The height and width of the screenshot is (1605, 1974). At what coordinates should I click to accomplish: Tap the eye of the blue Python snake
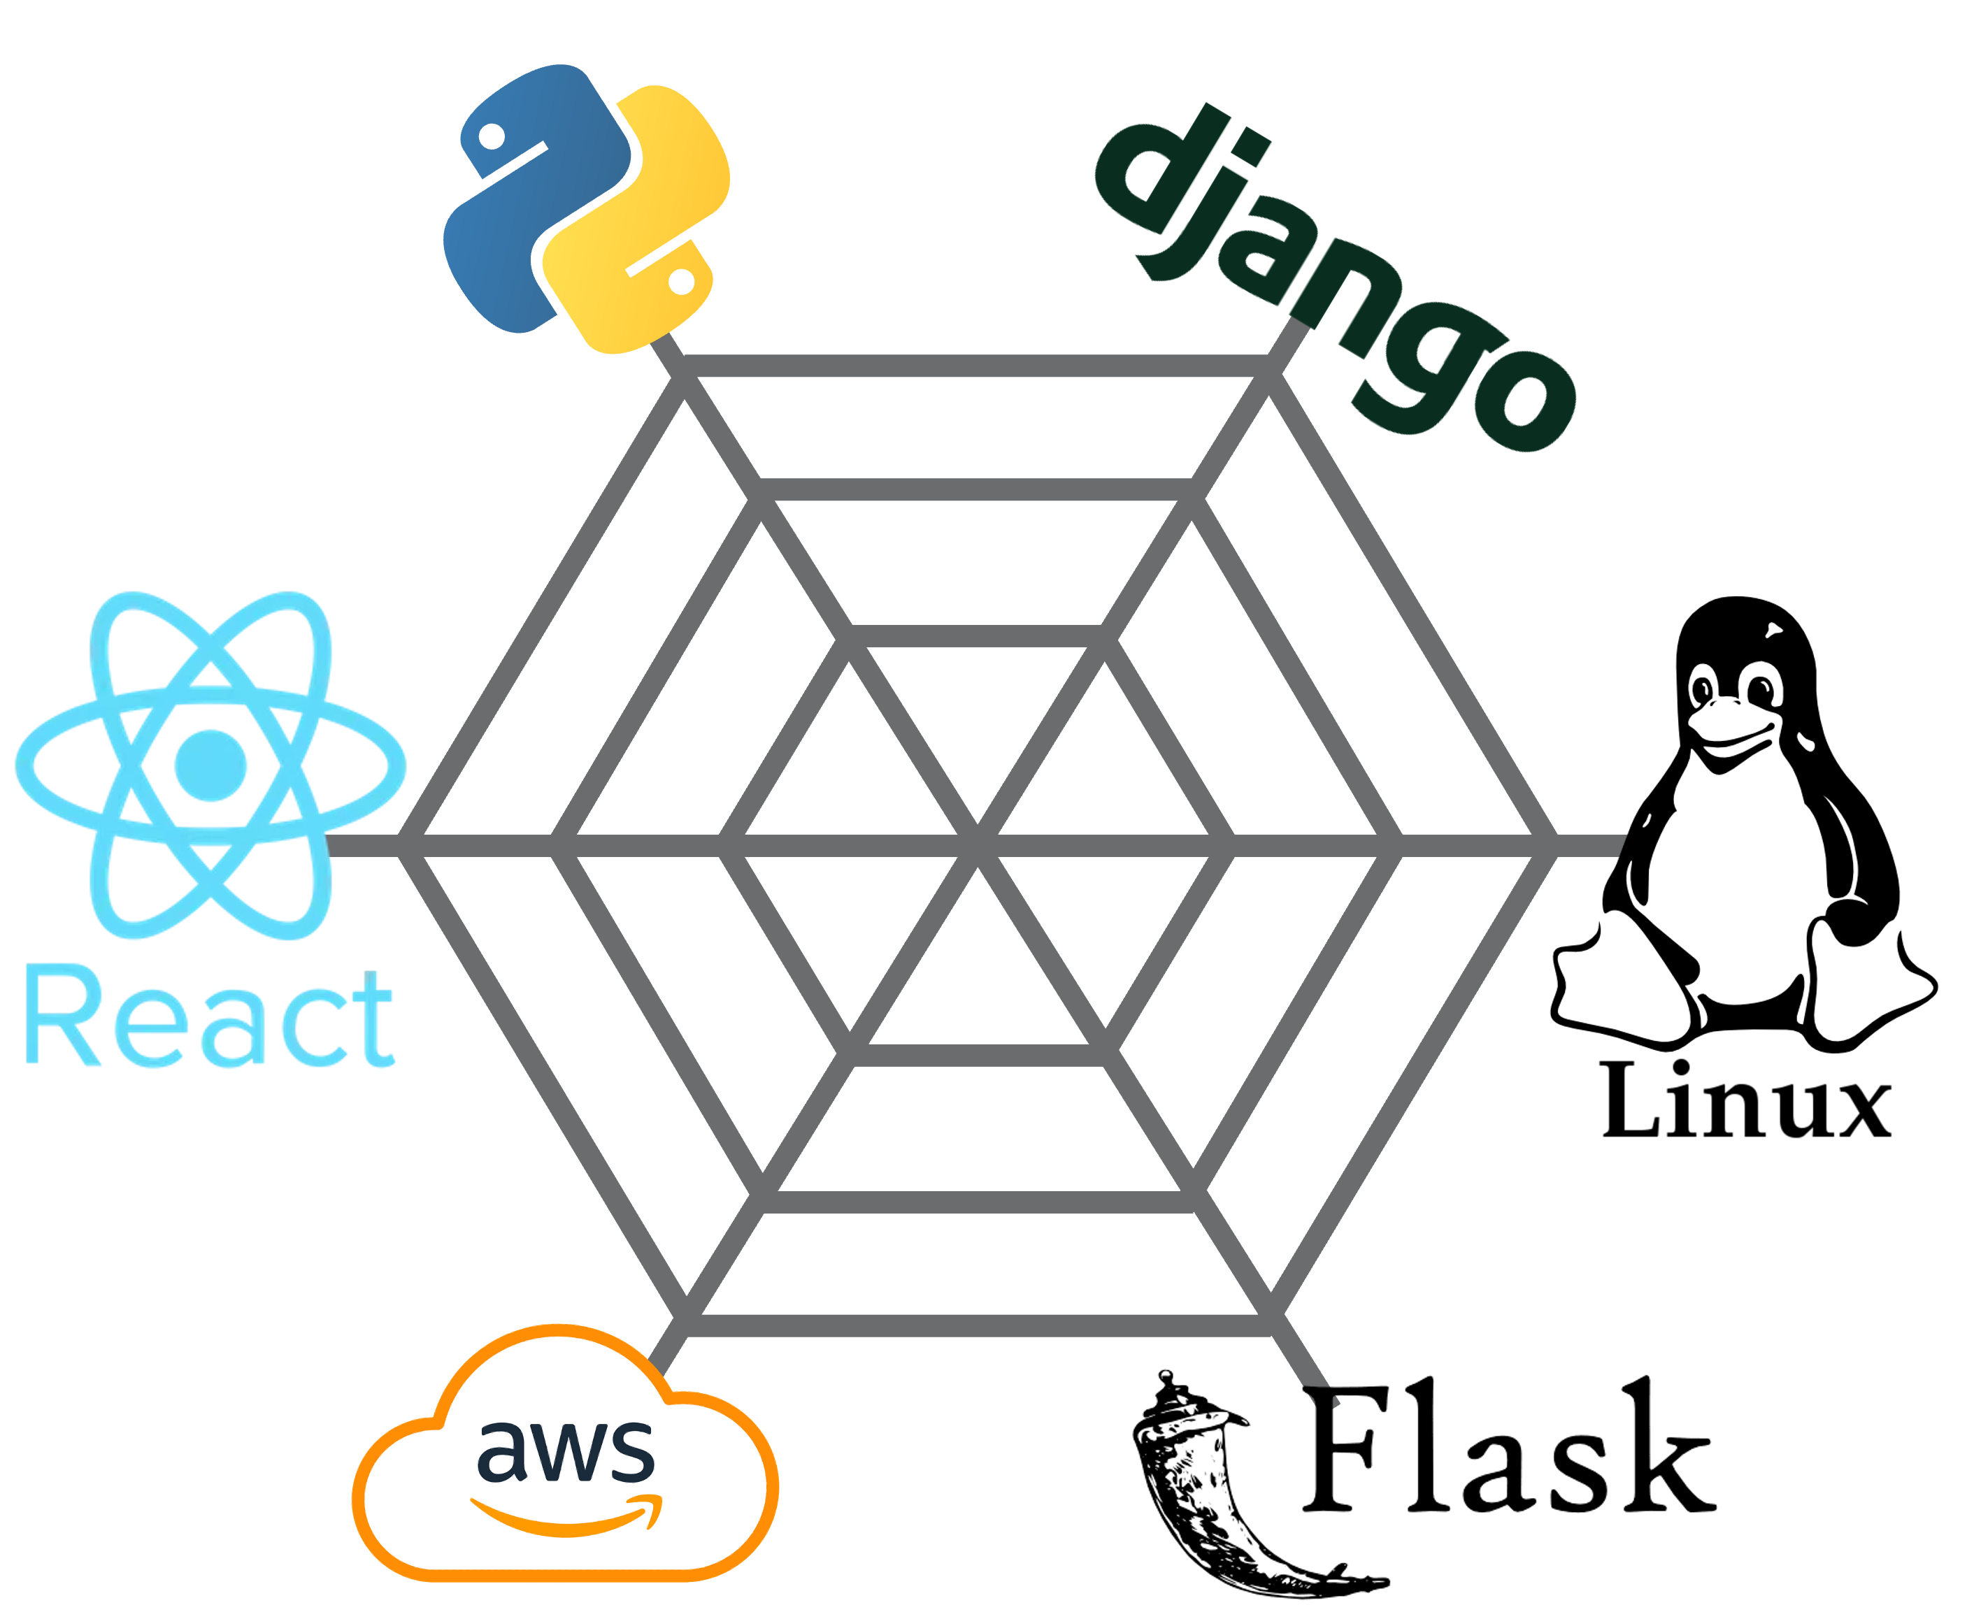click(493, 136)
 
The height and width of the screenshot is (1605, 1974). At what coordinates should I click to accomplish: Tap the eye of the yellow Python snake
click(681, 282)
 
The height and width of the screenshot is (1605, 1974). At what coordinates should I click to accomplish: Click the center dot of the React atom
click(210, 765)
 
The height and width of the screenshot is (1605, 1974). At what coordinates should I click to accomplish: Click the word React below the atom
click(210, 1017)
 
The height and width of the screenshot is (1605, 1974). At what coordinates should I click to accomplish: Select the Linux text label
click(1743, 1100)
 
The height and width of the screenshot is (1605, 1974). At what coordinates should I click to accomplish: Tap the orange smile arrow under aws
click(566, 1516)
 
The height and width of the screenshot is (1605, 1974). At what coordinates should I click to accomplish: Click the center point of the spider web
click(978, 844)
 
